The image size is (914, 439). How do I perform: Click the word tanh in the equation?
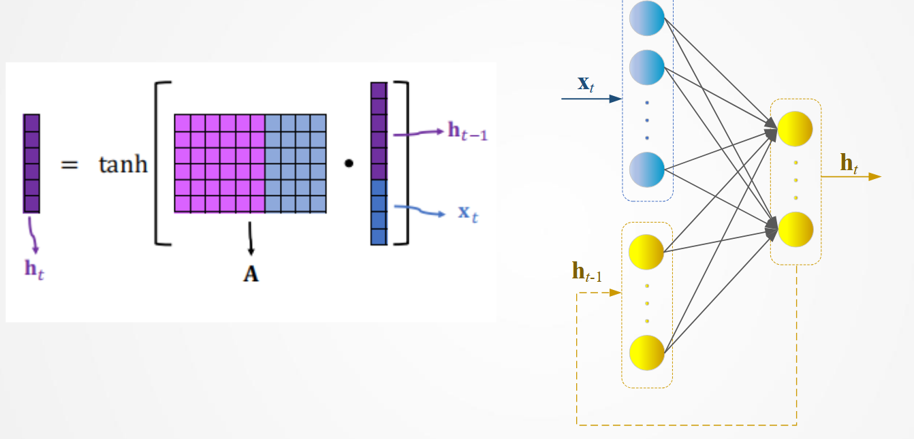point(123,165)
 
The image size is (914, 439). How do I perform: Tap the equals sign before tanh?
point(70,165)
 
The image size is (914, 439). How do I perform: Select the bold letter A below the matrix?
point(251,274)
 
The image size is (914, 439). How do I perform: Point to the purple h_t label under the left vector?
point(33,268)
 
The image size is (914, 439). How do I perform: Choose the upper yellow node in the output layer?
point(795,129)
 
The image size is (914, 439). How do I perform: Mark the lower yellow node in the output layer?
point(795,229)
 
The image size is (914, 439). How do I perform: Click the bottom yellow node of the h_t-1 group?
point(646,352)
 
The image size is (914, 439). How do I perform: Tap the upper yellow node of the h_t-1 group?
point(646,251)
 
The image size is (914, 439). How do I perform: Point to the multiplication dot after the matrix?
point(349,165)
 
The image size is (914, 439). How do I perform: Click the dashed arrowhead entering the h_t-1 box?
point(616,293)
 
